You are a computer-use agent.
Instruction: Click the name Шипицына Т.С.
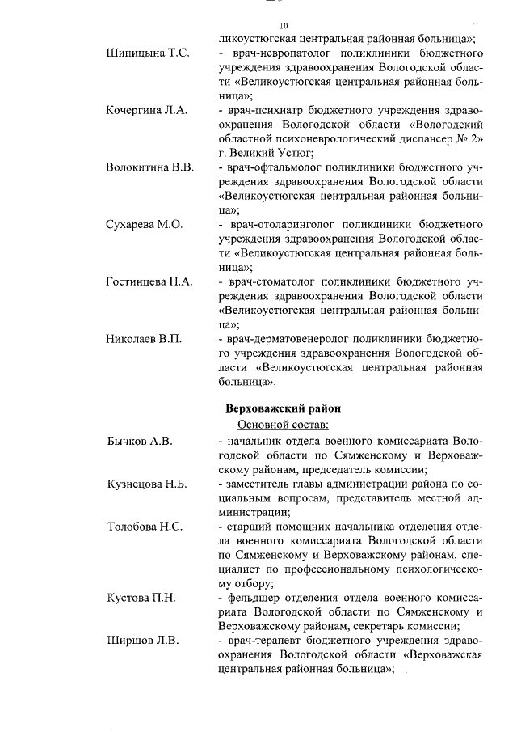[148, 53]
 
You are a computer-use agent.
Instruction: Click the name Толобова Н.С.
[145, 527]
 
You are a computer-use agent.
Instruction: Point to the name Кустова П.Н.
[142, 598]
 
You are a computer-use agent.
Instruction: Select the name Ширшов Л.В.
[142, 641]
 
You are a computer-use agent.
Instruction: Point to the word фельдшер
[252, 598]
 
